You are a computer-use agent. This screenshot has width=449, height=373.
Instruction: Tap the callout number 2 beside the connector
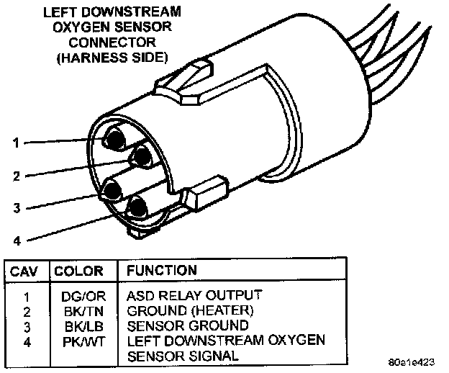click(16, 175)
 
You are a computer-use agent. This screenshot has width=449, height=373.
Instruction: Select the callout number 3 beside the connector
click(16, 209)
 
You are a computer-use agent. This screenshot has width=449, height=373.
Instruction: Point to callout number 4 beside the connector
click(16, 241)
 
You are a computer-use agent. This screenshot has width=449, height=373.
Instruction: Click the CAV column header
click(24, 271)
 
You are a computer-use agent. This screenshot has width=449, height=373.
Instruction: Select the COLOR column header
click(78, 271)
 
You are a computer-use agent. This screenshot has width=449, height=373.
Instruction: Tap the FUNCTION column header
click(162, 271)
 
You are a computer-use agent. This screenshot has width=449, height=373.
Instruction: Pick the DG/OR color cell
click(77, 295)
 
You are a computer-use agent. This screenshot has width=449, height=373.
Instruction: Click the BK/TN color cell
click(77, 310)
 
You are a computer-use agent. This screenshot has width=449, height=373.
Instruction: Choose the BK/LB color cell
click(77, 325)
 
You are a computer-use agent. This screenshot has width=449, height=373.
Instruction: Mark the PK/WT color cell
click(77, 340)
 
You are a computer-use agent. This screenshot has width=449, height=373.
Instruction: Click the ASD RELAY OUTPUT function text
click(194, 295)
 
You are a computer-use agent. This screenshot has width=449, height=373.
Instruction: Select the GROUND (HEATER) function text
click(190, 310)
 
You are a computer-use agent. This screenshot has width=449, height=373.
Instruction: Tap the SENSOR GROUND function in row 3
click(188, 325)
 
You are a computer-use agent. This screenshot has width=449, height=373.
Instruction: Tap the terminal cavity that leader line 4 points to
click(137, 207)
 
